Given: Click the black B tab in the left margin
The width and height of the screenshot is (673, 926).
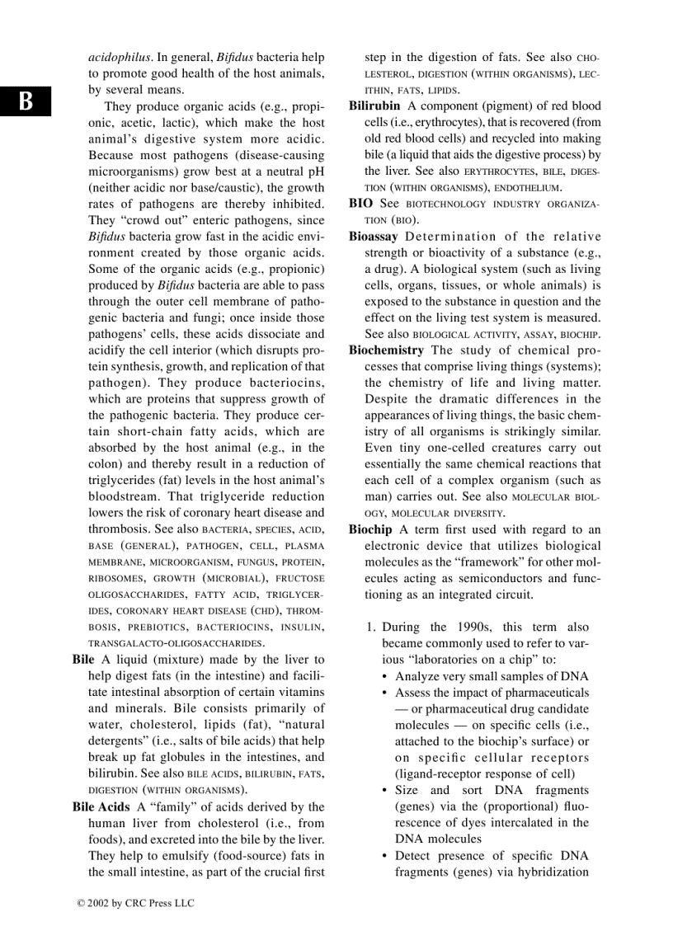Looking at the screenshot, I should click(26, 101).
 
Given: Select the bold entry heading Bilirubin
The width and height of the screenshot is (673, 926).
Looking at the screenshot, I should click(374, 106).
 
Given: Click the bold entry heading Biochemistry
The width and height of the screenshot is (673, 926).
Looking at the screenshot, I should click(386, 350).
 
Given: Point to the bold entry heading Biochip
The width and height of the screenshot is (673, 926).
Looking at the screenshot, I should click(370, 529).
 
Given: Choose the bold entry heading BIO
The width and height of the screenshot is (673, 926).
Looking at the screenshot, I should click(360, 204).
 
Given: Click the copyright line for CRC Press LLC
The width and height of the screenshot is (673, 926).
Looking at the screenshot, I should click(135, 903).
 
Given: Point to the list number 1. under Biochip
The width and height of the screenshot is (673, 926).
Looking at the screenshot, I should click(371, 628).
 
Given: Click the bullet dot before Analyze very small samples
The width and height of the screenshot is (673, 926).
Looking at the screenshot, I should click(386, 677).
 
